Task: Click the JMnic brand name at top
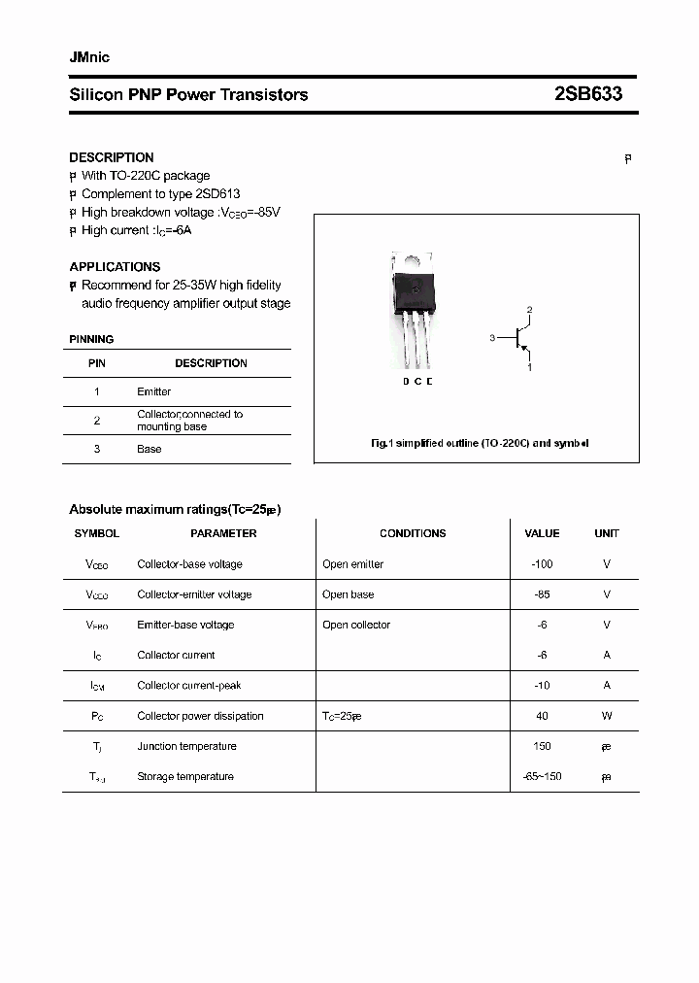[89, 57]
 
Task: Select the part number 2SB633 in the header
[587, 94]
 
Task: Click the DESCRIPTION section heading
[112, 157]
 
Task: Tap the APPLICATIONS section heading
[115, 266]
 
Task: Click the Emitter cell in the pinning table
[153, 391]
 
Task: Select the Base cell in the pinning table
[149, 449]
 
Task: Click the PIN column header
[97, 363]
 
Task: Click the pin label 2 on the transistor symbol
[529, 310]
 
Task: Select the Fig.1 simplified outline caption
[480, 443]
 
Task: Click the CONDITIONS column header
[413, 533]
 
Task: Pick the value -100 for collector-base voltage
[542, 564]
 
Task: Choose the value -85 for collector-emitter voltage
[542, 594]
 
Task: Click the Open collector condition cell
[356, 625]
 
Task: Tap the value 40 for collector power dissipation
[542, 716]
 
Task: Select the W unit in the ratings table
[607, 716]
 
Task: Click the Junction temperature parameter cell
[186, 746]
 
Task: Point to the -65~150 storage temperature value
[542, 776]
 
